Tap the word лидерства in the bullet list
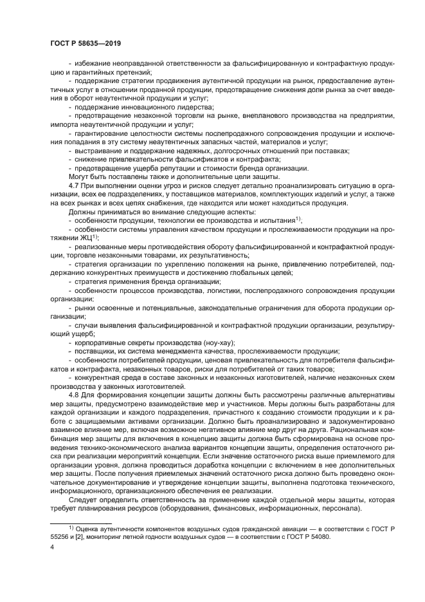tap(174, 107)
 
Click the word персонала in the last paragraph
tap(338, 507)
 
